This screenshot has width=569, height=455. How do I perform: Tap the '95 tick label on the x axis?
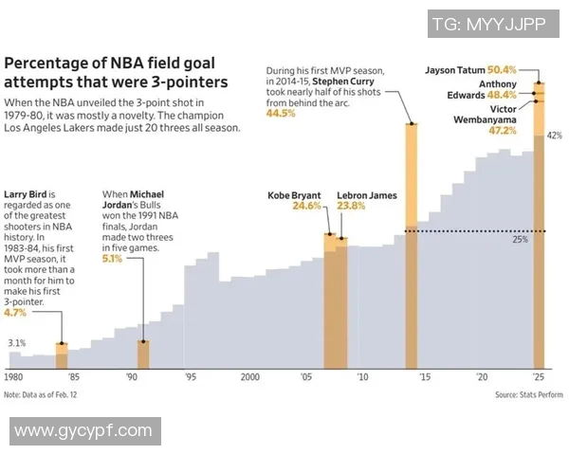[x=191, y=376]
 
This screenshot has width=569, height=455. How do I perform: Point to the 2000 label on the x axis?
[x=249, y=376]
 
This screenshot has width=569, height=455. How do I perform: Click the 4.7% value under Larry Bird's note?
[x=15, y=311]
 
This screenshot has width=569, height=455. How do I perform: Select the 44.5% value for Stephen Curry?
[x=281, y=113]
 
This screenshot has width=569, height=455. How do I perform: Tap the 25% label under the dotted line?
[x=520, y=240]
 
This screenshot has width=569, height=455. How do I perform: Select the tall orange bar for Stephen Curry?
[x=412, y=246]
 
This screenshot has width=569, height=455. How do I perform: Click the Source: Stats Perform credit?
[x=528, y=393]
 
